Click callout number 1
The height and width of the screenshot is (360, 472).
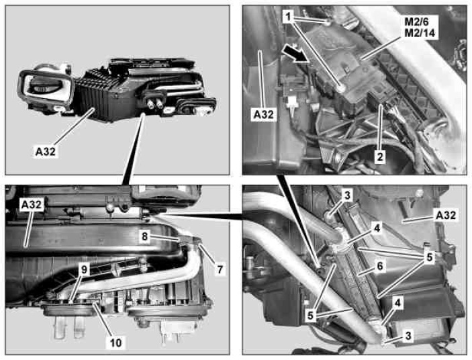click(x=288, y=17)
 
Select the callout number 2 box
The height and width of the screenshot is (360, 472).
click(x=380, y=156)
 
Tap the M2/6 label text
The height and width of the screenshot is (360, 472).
click(x=417, y=21)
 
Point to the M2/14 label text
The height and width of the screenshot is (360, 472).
click(x=420, y=32)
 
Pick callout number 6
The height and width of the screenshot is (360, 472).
click(x=380, y=266)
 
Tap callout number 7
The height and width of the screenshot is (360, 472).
click(x=220, y=269)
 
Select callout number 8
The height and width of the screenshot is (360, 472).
click(x=145, y=236)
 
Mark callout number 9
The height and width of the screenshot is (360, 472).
click(x=84, y=269)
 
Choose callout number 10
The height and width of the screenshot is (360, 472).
click(x=116, y=343)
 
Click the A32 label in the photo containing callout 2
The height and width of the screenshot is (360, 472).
click(x=264, y=115)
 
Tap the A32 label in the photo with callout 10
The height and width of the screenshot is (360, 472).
click(x=32, y=205)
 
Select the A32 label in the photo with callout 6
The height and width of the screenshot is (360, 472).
click(x=446, y=215)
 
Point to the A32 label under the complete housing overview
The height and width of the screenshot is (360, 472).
click(x=46, y=151)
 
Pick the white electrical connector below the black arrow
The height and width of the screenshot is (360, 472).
click(x=291, y=102)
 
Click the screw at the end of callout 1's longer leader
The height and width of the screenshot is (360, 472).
click(x=341, y=88)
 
